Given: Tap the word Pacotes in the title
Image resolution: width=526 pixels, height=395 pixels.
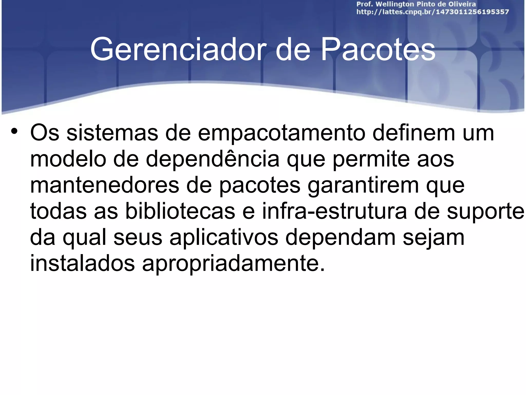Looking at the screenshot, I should tap(378, 49).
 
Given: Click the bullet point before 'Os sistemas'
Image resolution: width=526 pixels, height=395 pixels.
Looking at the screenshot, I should tap(14, 131).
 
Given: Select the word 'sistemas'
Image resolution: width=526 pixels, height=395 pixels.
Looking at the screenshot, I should tap(112, 133).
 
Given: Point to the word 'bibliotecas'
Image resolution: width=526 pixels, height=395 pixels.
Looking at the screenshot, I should tap(180, 211).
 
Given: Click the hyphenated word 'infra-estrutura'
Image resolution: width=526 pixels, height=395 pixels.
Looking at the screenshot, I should tap(334, 211).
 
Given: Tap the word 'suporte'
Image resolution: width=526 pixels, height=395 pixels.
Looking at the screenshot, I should tap(485, 212).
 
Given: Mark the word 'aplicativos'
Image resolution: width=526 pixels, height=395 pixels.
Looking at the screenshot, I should tap(224, 238).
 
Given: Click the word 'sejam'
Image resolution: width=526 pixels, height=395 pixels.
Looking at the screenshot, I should tap(434, 238).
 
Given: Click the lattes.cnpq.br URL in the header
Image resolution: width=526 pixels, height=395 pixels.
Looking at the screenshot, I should tap(433, 12).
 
